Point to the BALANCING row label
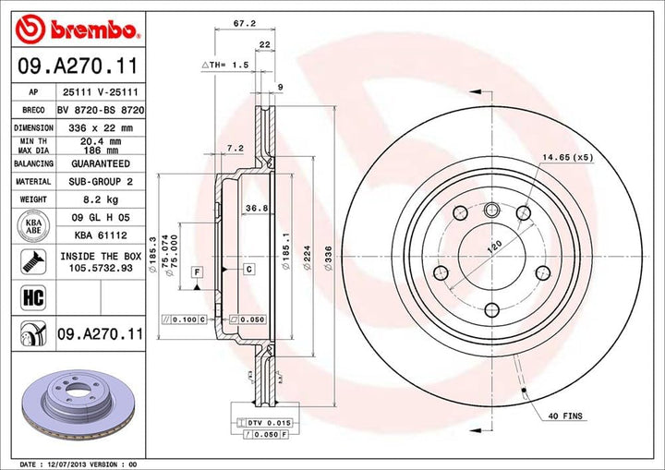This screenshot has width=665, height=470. tap(32, 162)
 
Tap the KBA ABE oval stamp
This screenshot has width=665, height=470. tap(32, 224)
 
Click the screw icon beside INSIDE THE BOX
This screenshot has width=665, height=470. tap(32, 261)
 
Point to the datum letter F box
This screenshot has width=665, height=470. tap(197, 271)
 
